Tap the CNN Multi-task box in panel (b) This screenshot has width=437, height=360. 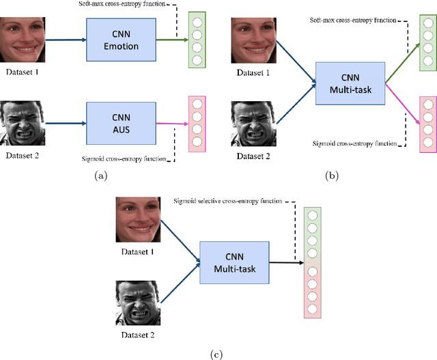(x=351, y=83)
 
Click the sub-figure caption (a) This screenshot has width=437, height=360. (x=101, y=176)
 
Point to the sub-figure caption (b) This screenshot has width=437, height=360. (x=333, y=176)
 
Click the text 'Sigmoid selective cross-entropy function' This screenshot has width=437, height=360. (x=226, y=200)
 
